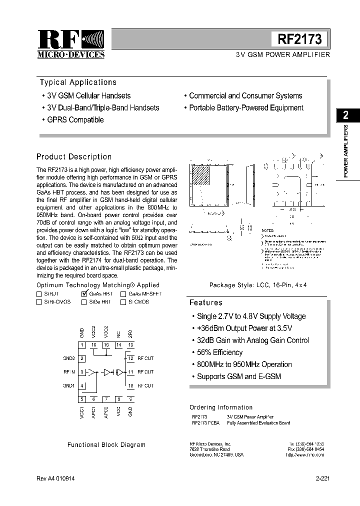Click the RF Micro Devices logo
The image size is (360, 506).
pyautogui.click(x=71, y=44)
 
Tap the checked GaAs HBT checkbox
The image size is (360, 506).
pyautogui.click(x=84, y=294)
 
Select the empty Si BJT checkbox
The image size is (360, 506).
pyautogui.click(x=39, y=294)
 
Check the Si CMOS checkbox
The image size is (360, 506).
pyautogui.click(x=123, y=302)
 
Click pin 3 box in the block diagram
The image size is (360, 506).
pyautogui.click(x=82, y=371)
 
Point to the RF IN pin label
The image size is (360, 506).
pyautogui.click(x=69, y=371)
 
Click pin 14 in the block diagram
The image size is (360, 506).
pyautogui.click(x=118, y=345)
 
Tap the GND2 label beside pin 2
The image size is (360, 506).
pyautogui.click(x=69, y=358)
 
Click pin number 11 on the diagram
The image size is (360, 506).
pyautogui.click(x=131, y=371)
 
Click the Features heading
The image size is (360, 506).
pyautogui.click(x=206, y=302)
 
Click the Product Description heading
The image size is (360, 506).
pyautogui.click(x=74, y=156)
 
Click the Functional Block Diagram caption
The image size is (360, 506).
pyautogui.click(x=106, y=444)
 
